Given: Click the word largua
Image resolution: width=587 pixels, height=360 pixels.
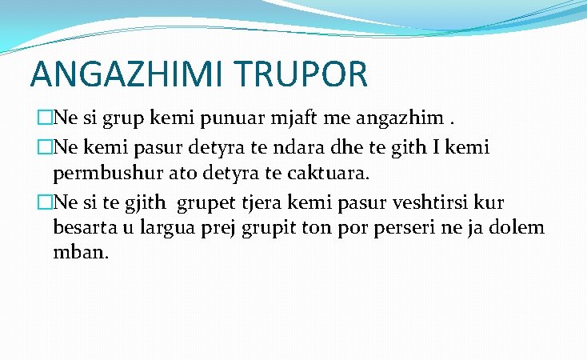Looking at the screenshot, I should pos(171,228).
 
